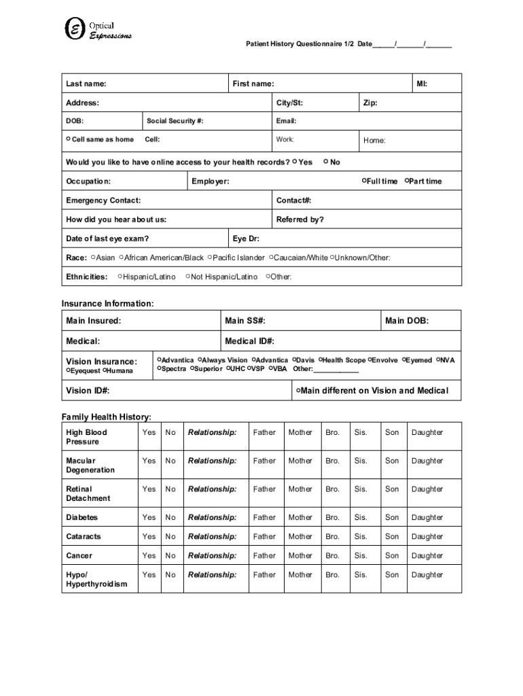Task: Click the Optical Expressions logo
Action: [x=97, y=28]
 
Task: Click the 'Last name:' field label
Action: [x=86, y=84]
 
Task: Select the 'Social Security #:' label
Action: [x=175, y=121]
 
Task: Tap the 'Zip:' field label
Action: [x=370, y=103]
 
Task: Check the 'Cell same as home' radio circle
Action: [x=69, y=139]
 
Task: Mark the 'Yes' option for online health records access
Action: [x=295, y=162]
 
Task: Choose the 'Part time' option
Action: [x=408, y=181]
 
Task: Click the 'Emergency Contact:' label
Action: [x=103, y=201]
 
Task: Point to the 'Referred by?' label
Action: [x=300, y=220]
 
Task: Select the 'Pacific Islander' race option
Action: [x=211, y=258]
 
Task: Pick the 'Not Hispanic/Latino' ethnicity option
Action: [x=187, y=277]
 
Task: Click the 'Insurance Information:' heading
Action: [x=107, y=303]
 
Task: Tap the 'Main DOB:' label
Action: [x=406, y=321]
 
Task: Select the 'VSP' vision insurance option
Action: [x=250, y=369]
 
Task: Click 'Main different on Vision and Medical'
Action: [x=298, y=391]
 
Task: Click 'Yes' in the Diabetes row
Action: [x=149, y=517]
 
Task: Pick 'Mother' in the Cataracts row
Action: [x=300, y=536]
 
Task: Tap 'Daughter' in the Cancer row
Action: [x=427, y=555]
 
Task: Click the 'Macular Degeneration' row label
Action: [x=90, y=466]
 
